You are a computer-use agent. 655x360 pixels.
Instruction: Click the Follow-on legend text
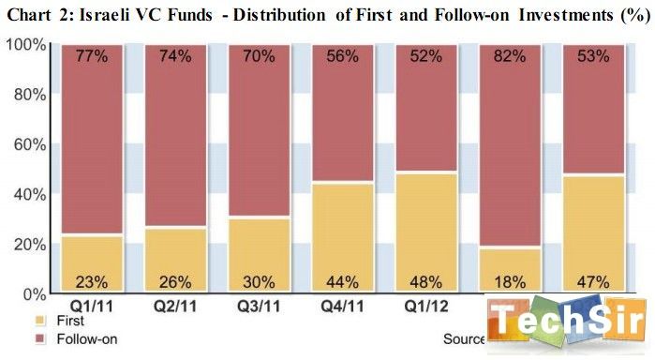click(x=58, y=337)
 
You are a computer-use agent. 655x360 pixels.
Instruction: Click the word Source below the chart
click(x=464, y=337)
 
